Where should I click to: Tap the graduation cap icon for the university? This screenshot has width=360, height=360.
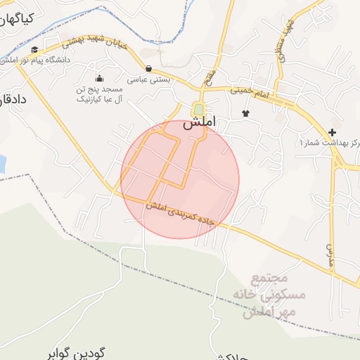click(35, 49)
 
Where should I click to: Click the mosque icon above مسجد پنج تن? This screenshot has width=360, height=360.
click(99, 78)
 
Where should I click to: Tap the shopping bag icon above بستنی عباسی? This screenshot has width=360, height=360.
click(149, 68)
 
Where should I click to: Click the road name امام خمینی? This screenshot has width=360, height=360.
click(250, 91)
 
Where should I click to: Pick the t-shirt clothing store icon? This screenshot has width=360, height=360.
click(245, 112)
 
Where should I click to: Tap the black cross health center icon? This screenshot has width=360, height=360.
click(332, 132)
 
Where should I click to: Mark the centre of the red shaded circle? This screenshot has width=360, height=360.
click(180, 180)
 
